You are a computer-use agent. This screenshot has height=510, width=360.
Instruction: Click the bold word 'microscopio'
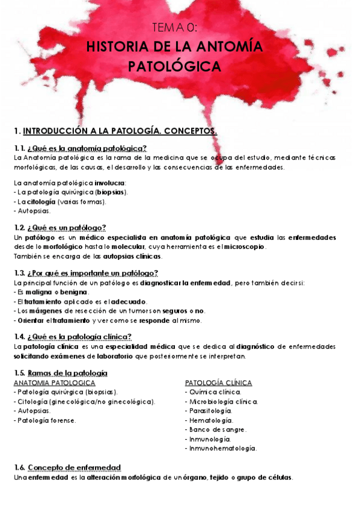(x=245, y=247)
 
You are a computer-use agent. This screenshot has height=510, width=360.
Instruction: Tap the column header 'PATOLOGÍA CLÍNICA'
(x=218, y=382)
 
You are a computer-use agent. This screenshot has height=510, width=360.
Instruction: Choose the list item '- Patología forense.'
(x=44, y=420)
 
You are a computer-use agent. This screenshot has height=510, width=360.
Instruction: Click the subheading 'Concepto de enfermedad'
(x=74, y=467)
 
